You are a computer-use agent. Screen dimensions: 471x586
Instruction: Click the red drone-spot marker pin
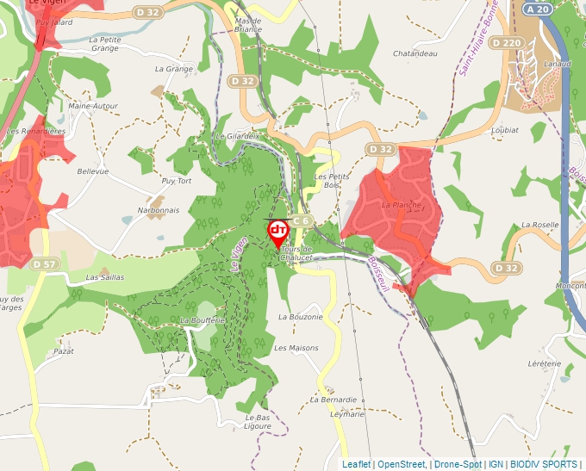278,232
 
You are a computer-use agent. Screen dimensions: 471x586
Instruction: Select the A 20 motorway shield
537,9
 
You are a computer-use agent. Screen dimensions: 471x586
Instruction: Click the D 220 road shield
507,41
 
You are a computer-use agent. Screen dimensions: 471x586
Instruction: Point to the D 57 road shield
44,263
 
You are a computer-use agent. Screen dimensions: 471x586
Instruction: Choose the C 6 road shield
300,221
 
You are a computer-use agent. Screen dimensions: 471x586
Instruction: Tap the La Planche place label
401,205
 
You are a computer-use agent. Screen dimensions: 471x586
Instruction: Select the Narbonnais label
159,210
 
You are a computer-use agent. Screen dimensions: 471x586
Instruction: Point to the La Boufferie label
202,320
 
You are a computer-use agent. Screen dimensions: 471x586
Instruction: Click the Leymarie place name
346,414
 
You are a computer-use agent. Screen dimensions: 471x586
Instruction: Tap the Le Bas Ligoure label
257,422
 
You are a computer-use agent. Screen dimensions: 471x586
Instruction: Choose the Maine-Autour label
93,106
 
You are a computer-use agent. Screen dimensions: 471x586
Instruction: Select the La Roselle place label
539,225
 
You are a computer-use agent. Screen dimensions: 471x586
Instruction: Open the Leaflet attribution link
356,464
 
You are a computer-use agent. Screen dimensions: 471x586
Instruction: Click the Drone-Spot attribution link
458,464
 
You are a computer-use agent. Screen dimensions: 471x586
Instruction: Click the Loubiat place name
503,130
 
